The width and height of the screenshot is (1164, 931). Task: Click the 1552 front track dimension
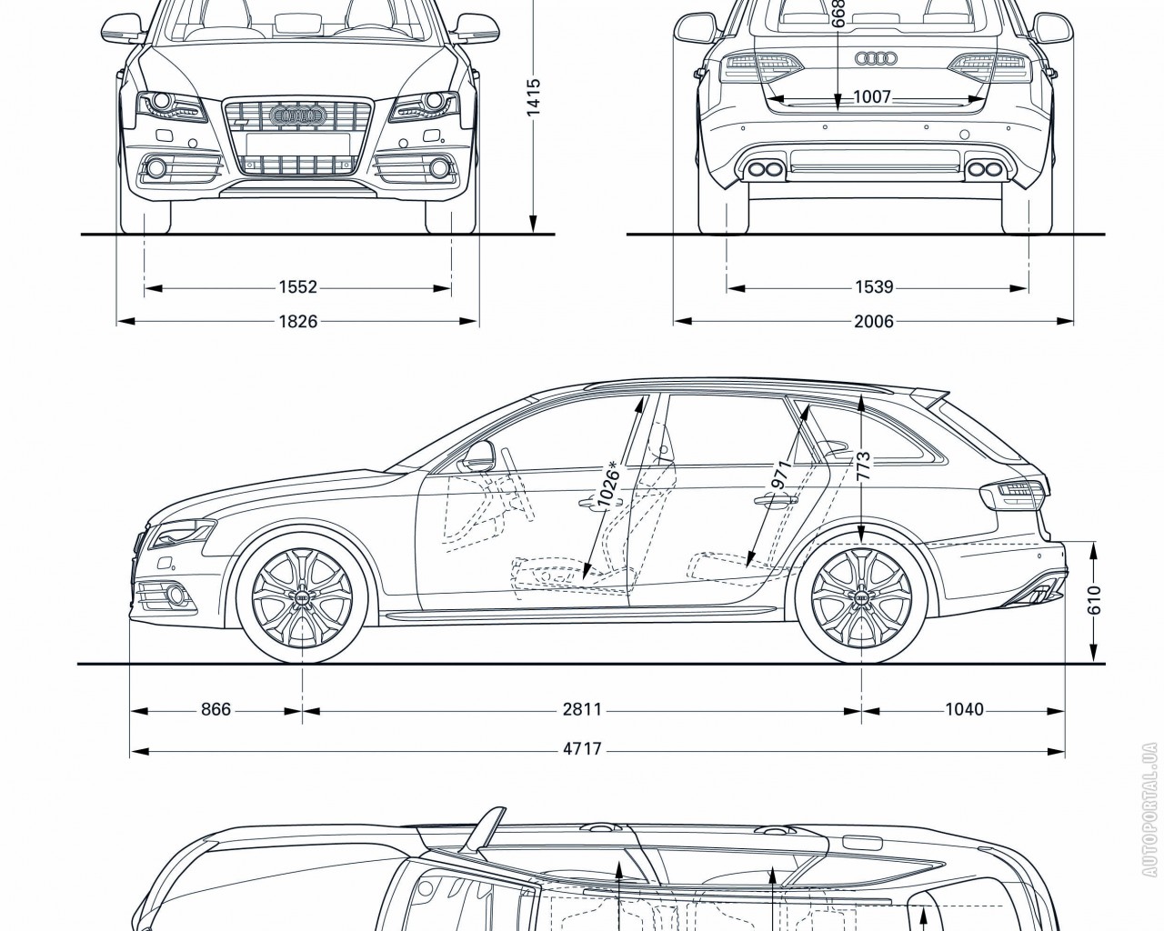[x=297, y=287]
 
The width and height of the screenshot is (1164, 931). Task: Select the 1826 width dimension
[x=297, y=321]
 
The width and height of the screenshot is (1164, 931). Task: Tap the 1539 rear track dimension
[x=874, y=287]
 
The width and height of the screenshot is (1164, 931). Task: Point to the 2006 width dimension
[x=874, y=321]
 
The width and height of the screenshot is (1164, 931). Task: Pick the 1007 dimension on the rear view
[x=872, y=97]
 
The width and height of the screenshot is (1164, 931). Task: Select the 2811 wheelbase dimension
[x=582, y=709]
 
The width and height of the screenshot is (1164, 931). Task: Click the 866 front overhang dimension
[x=216, y=709]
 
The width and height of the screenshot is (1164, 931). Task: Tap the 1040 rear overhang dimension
[x=964, y=709]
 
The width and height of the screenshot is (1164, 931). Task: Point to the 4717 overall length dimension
[x=582, y=751]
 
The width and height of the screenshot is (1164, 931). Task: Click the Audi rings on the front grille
[x=298, y=115]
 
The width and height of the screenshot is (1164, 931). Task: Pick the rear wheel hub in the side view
[x=860, y=596]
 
